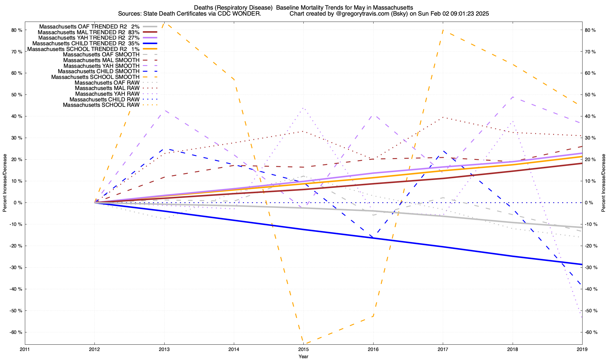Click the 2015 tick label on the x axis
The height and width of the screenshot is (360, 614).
coord(303,349)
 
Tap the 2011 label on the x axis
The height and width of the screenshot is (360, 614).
coord(25,349)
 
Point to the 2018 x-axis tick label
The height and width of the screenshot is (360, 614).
coord(512,349)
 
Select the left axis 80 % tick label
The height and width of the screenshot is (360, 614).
coord(17,30)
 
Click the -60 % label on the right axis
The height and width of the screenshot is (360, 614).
coord(591,332)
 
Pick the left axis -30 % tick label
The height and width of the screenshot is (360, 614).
coord(16,267)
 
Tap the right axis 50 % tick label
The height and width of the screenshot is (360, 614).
coord(591,95)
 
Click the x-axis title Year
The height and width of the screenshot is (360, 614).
coord(303,356)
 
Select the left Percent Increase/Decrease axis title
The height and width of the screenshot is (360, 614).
coord(5,183)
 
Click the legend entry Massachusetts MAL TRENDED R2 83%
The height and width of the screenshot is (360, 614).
coord(89,32)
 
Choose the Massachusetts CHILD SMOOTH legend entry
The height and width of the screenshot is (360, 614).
coord(99,71)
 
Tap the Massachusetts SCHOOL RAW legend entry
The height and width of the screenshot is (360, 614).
coord(101,105)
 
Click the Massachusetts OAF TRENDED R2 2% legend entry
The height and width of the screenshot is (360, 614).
coord(89,26)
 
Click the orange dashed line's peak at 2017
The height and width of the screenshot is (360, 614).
coord(443,30)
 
